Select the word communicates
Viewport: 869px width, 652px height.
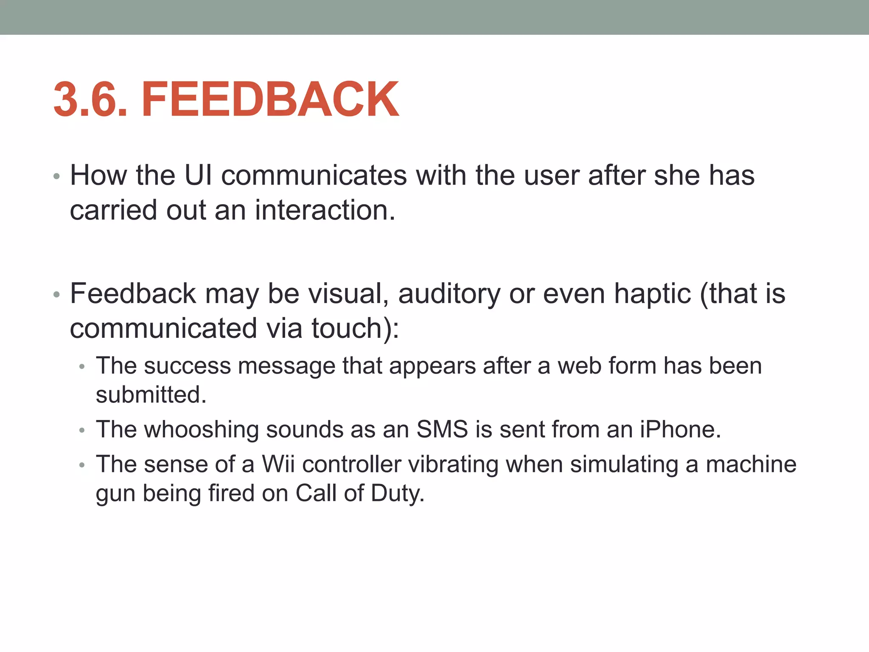click(314, 175)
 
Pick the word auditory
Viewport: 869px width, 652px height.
click(449, 294)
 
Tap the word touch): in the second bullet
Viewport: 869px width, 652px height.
click(355, 329)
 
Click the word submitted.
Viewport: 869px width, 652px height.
click(151, 395)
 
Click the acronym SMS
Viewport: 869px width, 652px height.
click(442, 430)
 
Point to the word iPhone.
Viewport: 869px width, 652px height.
click(680, 430)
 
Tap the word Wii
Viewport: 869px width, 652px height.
click(278, 464)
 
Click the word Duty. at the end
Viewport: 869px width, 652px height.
click(398, 493)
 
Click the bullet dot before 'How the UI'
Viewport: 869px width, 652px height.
click(57, 177)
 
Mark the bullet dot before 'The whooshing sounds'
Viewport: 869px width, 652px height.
click(82, 431)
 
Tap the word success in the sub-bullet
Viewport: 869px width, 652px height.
click(188, 366)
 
